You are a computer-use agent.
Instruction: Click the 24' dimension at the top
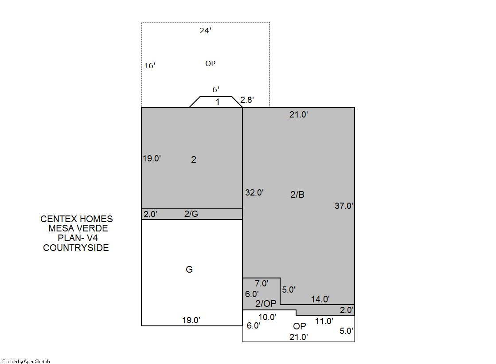pos(205,31)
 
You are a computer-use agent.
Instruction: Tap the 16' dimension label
pos(150,66)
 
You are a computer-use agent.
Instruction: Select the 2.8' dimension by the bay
pos(247,100)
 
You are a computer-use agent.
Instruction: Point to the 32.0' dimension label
pos(254,192)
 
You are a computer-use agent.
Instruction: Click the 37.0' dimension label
pos(344,206)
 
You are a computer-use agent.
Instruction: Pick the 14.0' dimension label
pos(320,299)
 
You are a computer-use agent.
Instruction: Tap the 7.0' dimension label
pos(262,283)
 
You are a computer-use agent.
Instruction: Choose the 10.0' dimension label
pos(267,317)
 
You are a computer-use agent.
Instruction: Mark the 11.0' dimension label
pos(324,321)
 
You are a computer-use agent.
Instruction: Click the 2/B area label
pos(297,194)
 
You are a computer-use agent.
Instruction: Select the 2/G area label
pos(191,214)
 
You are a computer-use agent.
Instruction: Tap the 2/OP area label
pos(266,304)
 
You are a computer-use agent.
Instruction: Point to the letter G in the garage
pos(189,270)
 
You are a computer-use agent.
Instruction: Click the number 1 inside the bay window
pos(218,102)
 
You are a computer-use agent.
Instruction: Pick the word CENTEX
pos(59,219)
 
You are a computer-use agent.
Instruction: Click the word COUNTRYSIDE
pos(76,247)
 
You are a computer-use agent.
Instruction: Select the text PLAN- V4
pos(78,238)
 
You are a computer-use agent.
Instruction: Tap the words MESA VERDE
pos(78,228)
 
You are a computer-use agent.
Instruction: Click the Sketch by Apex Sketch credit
pos(26,361)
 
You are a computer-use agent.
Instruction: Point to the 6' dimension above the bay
pos(216,90)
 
